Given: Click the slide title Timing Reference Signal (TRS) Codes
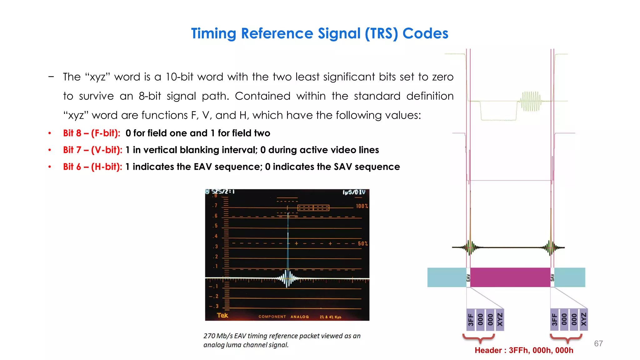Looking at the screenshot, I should pos(319,33).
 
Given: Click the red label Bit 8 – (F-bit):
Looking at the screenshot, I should pos(92,133).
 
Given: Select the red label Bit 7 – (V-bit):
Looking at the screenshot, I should pos(92,150).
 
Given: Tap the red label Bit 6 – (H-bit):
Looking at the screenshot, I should pos(92,167).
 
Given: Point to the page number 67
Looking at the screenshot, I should pos(598,343).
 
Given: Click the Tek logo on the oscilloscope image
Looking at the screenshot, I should pos(222,315).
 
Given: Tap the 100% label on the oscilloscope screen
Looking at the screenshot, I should pos(362,206).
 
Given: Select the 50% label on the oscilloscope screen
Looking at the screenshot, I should pos(362,243).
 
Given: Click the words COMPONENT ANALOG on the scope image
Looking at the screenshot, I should pos(283,317).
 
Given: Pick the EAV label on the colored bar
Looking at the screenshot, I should pos(468,277).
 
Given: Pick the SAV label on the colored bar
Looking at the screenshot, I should pos(552,277).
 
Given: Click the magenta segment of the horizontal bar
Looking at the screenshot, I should pos(510,277).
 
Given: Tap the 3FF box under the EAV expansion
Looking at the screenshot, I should pos(471,320).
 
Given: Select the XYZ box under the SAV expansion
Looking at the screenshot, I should pos(583,320).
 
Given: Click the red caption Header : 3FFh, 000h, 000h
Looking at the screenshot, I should pos(524,350).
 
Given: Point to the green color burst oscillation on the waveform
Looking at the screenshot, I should pos(530,101).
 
